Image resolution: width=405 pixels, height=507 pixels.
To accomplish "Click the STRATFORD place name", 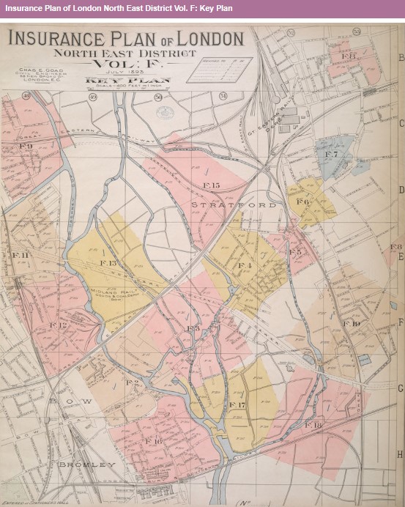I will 234,205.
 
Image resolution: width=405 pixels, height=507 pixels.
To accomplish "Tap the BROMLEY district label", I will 87,465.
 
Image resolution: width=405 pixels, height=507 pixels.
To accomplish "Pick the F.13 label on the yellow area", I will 108,262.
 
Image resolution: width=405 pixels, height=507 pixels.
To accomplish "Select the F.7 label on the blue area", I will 331,155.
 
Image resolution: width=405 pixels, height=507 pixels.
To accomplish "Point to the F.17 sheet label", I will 237,404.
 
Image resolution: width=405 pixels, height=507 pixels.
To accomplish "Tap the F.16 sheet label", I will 153,441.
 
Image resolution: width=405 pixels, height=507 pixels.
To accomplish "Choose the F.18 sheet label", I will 313,425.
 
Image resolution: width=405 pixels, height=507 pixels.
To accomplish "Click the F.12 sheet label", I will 58,325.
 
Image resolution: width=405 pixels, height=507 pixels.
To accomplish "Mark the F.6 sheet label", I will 302,201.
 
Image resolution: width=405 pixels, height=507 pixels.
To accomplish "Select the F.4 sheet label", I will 244,264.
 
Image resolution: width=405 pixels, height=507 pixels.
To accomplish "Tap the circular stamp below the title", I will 164,112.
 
